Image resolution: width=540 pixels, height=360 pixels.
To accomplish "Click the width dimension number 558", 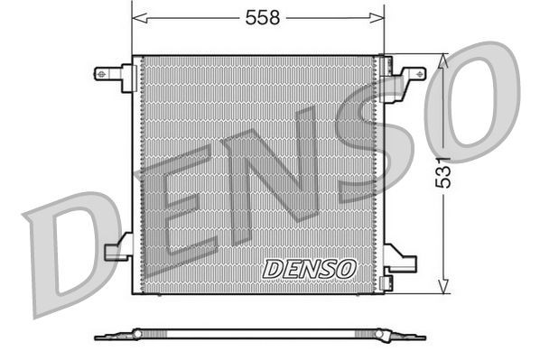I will click(x=258, y=16).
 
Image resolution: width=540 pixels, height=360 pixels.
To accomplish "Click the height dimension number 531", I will click(x=443, y=171).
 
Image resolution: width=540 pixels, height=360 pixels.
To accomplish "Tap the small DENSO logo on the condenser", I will click(x=310, y=268).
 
